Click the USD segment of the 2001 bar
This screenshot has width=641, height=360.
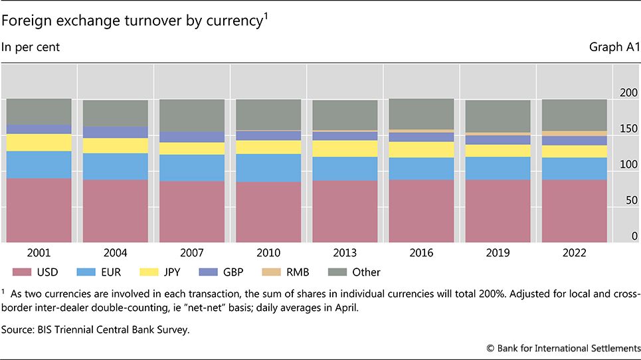tap(39, 210)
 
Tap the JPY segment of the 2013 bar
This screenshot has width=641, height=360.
tap(345, 149)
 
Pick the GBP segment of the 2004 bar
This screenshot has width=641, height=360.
tap(116, 132)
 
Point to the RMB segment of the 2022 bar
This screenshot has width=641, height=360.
tap(575, 134)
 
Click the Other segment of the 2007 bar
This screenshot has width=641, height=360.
tap(193, 116)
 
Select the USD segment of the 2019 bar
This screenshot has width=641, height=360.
tap(498, 211)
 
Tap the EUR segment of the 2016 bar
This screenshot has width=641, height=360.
tap(422, 169)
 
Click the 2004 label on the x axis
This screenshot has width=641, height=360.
tap(116, 253)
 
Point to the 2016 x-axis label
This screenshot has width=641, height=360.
tap(422, 253)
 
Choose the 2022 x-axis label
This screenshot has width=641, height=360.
tap(575, 253)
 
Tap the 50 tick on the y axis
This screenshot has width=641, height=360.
tap(632, 200)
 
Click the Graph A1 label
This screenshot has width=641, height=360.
tap(615, 48)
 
